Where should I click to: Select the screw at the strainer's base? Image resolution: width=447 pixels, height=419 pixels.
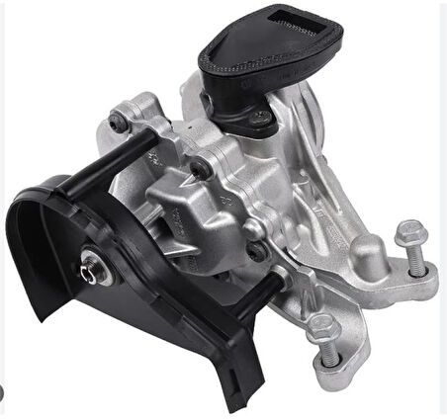click(x=262, y=117)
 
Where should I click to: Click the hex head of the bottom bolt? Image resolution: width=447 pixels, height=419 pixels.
click(x=322, y=326)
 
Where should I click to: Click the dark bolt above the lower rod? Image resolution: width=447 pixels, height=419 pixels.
click(x=259, y=251)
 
